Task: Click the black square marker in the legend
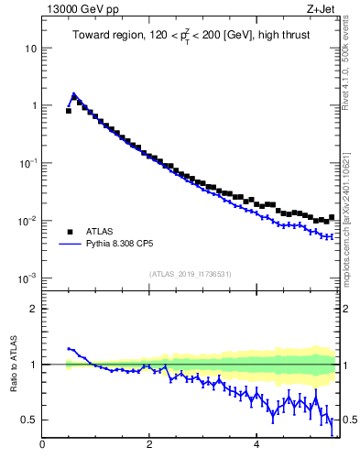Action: pyautogui.click(x=69, y=231)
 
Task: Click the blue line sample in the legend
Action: pyautogui.click(x=69, y=245)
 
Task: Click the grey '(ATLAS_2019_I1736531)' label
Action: pyautogui.click(x=190, y=274)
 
